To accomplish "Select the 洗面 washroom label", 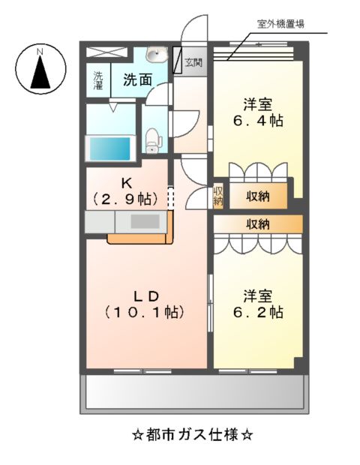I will pos(138,79).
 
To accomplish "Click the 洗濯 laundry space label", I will pos(98,79).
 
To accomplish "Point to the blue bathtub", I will pos(110,148).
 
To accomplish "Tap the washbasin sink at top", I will pos(156,56).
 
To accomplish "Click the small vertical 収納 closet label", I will pos(218,196).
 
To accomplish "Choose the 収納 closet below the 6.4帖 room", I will pos(258,196).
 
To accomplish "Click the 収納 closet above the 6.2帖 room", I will pos(258,223).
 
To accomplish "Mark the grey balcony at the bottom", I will pos(194,391).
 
